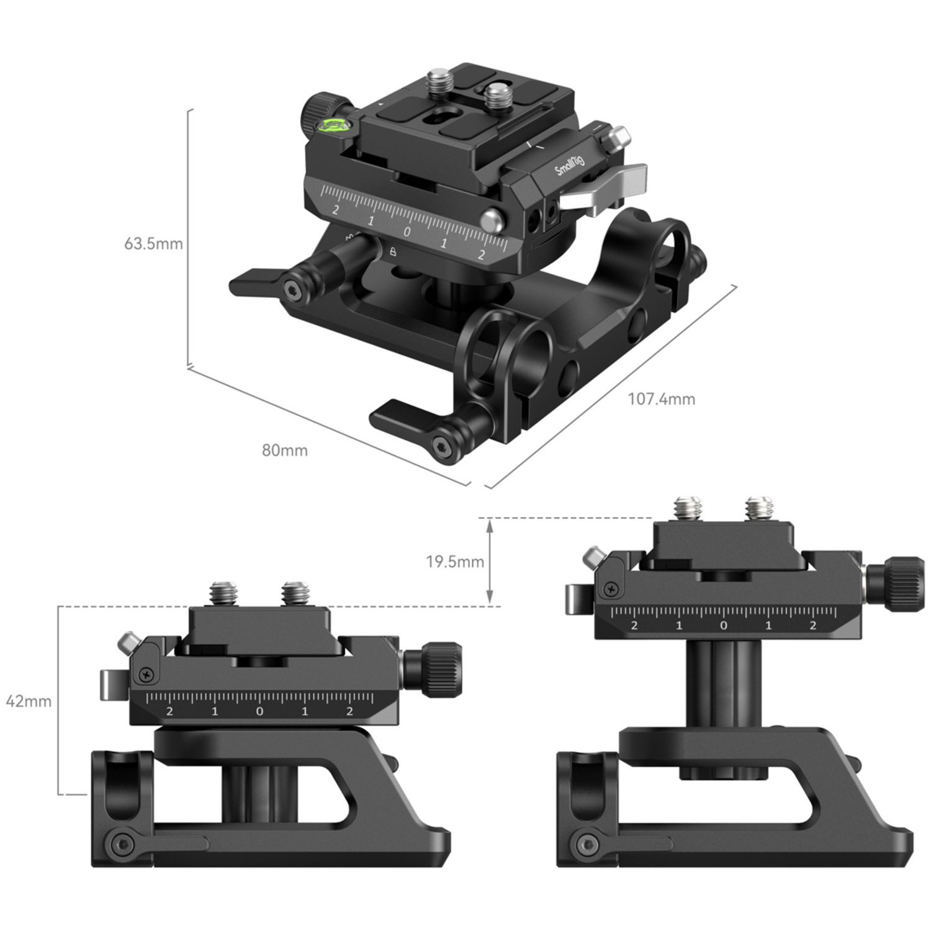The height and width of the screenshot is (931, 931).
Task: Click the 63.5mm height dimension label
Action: pos(153,243)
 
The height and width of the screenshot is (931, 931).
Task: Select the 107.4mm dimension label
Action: pos(661,398)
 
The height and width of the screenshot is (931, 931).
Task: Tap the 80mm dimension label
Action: pos(284,450)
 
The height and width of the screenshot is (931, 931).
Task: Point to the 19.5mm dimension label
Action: pos(454,562)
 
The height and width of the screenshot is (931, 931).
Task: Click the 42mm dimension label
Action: pos(29,701)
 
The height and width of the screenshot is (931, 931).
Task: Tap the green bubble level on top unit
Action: pos(333,127)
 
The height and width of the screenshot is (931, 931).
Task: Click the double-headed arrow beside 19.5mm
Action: pos(490,562)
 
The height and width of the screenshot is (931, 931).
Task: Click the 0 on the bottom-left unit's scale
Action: pos(259,711)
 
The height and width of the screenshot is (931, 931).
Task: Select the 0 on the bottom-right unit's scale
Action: pos(723,626)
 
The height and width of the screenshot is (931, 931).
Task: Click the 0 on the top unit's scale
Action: pos(407,232)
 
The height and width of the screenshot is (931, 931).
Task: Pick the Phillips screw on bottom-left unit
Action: pos(147,672)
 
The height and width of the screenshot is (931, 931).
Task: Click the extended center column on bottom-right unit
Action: pos(723,683)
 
